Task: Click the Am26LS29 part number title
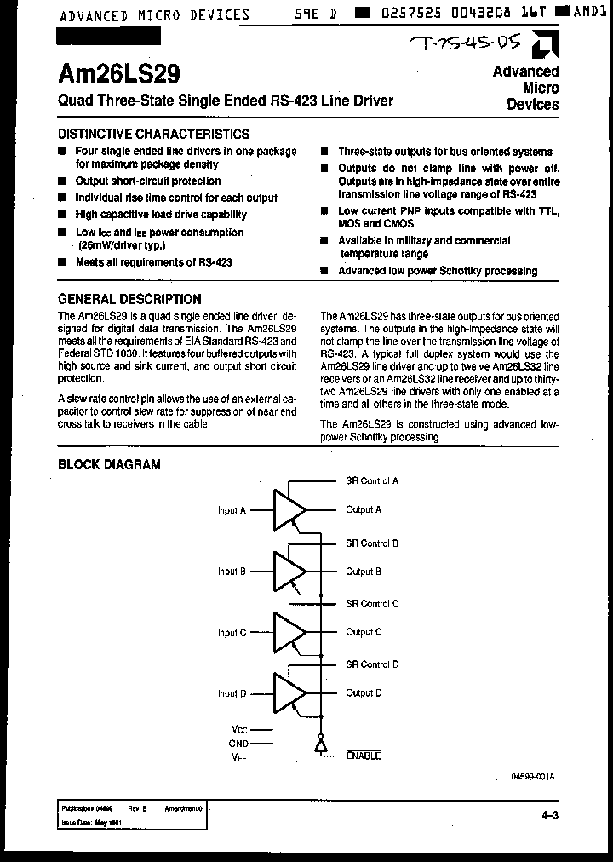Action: [x=119, y=74]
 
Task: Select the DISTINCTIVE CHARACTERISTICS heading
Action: [x=153, y=134]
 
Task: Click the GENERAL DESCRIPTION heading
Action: [x=129, y=299]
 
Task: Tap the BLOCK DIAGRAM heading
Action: [x=109, y=464]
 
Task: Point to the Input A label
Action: [x=232, y=511]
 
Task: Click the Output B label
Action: [x=364, y=572]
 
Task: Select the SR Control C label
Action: [x=372, y=604]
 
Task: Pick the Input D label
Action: [x=232, y=694]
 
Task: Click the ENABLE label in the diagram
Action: [x=364, y=756]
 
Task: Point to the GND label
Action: [x=238, y=743]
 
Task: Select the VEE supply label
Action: [x=239, y=756]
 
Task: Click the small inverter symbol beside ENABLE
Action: [x=321, y=746]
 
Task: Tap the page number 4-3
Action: [x=550, y=816]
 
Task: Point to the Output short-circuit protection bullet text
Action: [x=147, y=181]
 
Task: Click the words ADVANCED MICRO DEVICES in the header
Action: [x=154, y=14]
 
